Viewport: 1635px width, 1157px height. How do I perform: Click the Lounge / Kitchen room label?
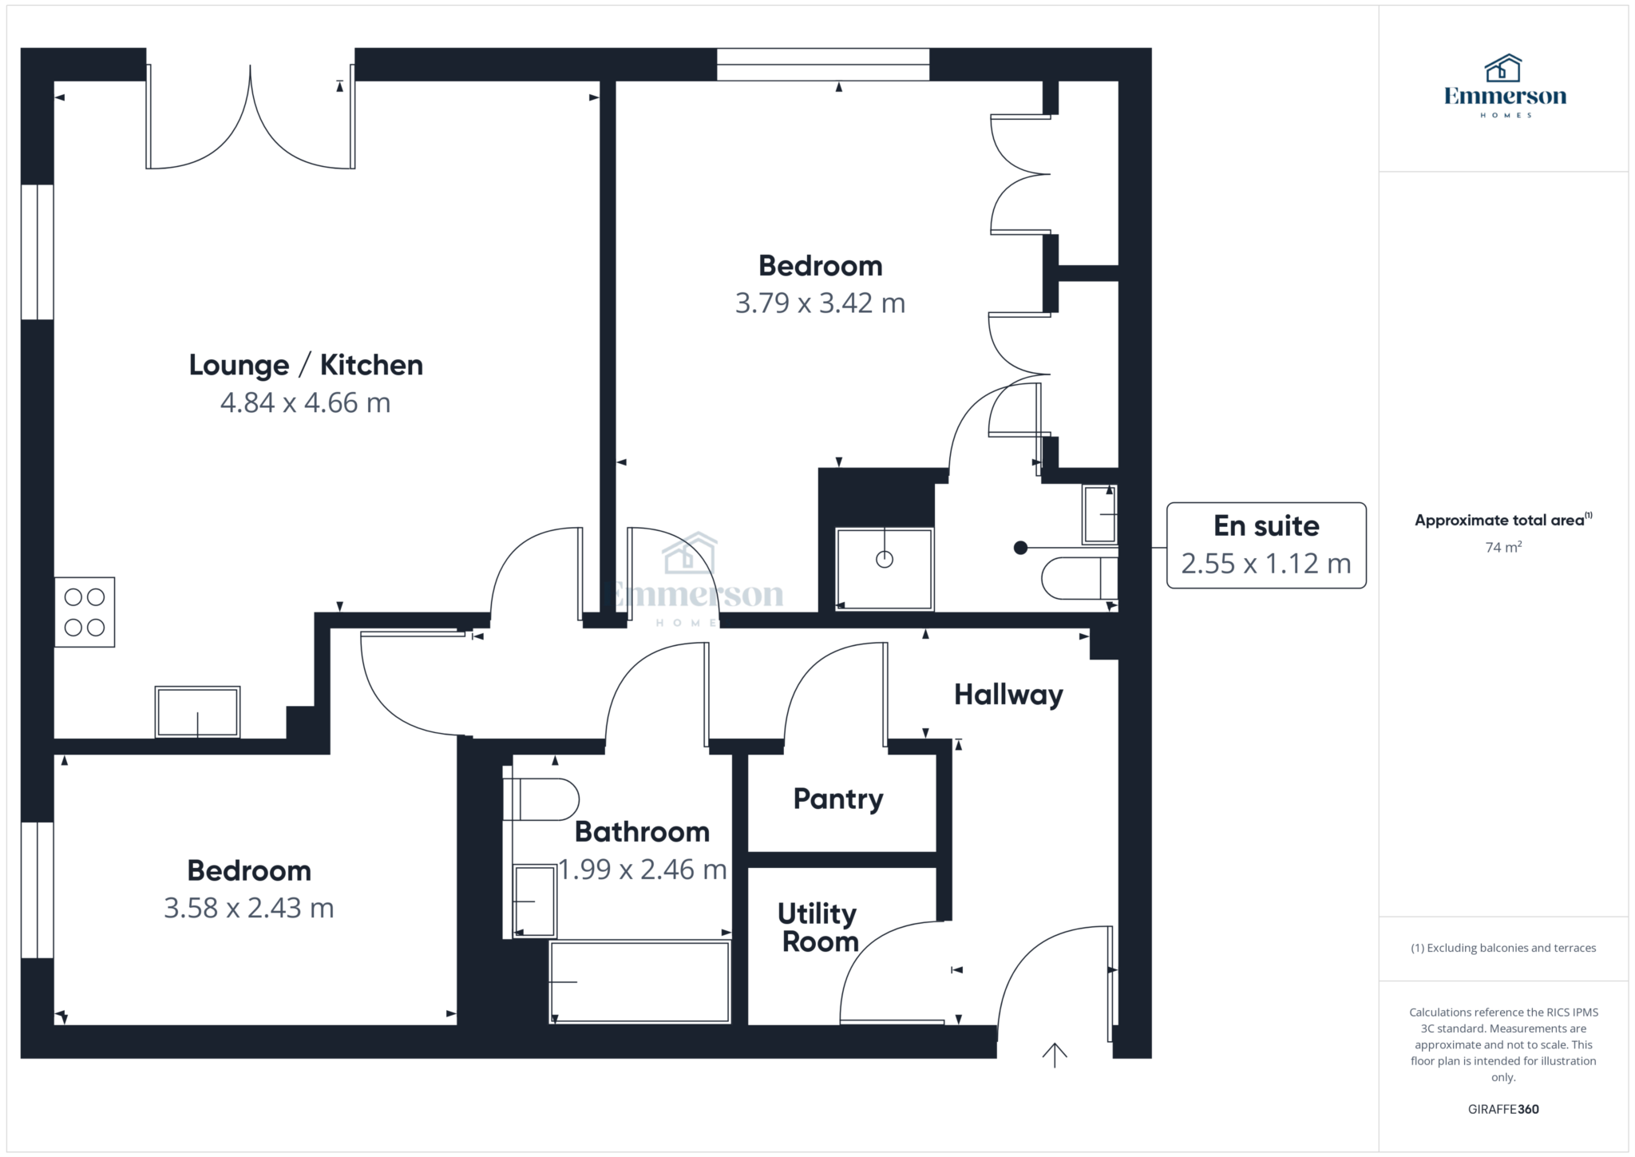pyautogui.click(x=306, y=365)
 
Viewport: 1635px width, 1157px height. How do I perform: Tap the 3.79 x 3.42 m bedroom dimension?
pyautogui.click(x=820, y=303)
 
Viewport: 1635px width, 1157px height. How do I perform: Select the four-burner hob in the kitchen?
pyautogui.click(x=85, y=612)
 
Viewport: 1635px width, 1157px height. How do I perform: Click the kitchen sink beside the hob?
pyautogui.click(x=197, y=711)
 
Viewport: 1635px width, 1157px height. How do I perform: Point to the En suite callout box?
pyautogui.click(x=1266, y=545)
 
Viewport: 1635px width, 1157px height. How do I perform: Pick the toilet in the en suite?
pyautogui.click(x=1079, y=578)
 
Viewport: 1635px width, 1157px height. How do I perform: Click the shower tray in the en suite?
pyautogui.click(x=884, y=569)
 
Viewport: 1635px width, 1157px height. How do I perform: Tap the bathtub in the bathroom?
pyautogui.click(x=639, y=981)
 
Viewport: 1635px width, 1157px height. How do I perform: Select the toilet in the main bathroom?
pyautogui.click(x=541, y=799)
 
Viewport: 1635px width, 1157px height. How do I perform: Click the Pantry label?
pyautogui.click(x=838, y=799)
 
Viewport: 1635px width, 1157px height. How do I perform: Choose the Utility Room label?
pyautogui.click(x=817, y=927)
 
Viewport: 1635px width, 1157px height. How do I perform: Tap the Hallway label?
pyautogui.click(x=1008, y=695)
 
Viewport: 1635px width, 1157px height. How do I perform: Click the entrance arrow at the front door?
pyautogui.click(x=1055, y=1055)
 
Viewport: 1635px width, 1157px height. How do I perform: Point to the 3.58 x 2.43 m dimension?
pyautogui.click(x=249, y=908)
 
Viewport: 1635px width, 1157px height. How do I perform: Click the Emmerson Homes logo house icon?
pyautogui.click(x=1503, y=69)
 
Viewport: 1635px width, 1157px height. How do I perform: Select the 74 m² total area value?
pyautogui.click(x=1503, y=547)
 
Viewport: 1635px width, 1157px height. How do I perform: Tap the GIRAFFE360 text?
pyautogui.click(x=1503, y=1109)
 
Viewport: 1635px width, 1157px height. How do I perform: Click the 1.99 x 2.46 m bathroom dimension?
pyautogui.click(x=643, y=869)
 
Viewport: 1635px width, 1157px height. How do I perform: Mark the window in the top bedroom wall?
pyautogui.click(x=823, y=65)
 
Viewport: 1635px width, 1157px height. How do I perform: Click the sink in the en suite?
pyautogui.click(x=1099, y=514)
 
